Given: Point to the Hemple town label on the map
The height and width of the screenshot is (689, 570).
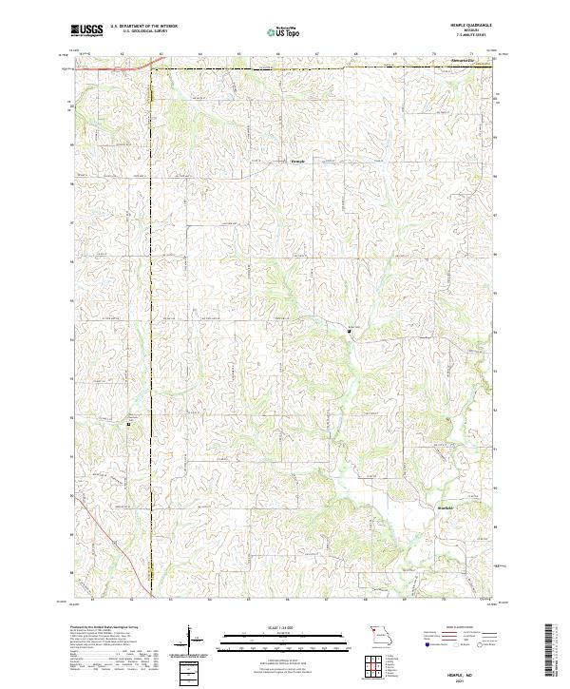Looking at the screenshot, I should pos(299,161).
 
